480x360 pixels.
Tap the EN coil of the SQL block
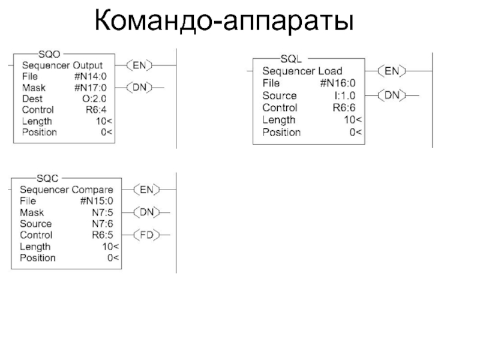(x=392, y=71)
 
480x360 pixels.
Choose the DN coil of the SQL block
(x=392, y=95)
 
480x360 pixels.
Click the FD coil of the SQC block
(x=146, y=235)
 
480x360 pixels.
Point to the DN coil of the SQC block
(x=146, y=212)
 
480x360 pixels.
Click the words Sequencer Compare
(x=66, y=190)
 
